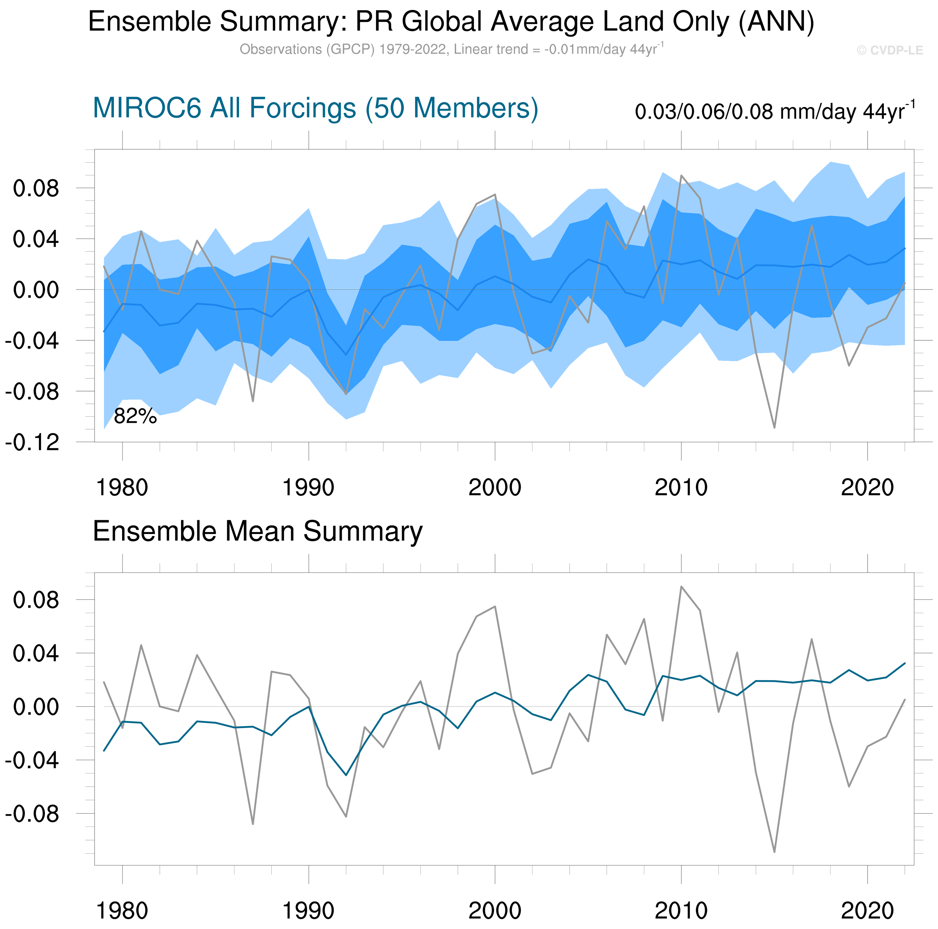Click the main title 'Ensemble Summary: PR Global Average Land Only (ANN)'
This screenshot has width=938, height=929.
click(x=451, y=22)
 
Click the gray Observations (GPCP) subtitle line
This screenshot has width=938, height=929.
click(x=451, y=50)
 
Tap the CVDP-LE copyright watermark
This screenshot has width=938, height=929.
click(x=889, y=50)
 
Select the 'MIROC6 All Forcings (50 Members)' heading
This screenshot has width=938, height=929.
click(x=315, y=108)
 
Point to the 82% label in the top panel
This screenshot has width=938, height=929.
click(x=135, y=416)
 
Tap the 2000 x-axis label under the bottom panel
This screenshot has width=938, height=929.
click(x=495, y=911)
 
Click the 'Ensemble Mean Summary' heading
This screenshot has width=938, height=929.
click(x=257, y=531)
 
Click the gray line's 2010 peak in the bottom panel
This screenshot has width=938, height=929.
click(x=681, y=587)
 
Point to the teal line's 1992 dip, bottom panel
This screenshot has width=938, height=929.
click(x=346, y=775)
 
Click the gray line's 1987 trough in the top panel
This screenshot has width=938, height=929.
click(x=253, y=401)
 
